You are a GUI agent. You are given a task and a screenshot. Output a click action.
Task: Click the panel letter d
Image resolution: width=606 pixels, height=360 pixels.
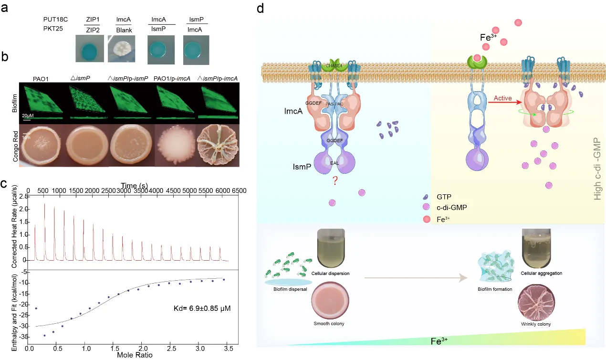click(260, 9)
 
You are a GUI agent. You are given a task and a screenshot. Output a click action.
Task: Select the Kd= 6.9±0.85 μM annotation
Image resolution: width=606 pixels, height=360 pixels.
click(202, 308)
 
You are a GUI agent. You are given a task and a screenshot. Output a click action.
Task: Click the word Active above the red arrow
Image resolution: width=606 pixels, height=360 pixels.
click(503, 98)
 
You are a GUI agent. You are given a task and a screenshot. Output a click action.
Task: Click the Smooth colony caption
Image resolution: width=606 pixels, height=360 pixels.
click(329, 324)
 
